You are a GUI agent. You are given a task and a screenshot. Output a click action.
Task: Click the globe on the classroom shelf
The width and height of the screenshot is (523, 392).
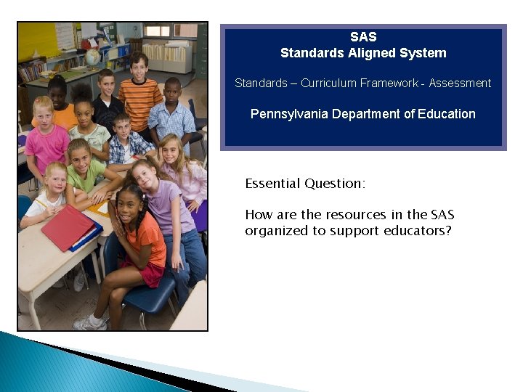pyautogui.click(x=93, y=57)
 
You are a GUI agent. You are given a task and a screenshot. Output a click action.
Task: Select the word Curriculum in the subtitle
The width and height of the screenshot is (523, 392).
pyautogui.click(x=326, y=83)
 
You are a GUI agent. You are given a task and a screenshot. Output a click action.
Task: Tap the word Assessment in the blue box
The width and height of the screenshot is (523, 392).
pyautogui.click(x=460, y=83)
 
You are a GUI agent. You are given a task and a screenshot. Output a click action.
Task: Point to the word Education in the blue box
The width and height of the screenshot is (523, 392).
pyautogui.click(x=447, y=114)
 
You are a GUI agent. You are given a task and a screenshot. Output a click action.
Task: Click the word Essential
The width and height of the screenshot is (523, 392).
pyautogui.click(x=272, y=184)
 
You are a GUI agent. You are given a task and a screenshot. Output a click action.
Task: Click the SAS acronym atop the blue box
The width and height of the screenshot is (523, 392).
pyautogui.click(x=363, y=37)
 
